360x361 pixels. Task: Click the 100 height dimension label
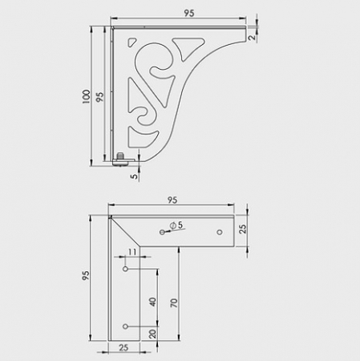click(x=87, y=96)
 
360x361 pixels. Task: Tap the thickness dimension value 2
click(x=252, y=36)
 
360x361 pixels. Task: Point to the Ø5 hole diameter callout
click(x=177, y=225)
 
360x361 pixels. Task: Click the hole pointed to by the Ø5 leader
click(x=163, y=232)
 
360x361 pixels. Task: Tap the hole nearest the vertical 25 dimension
click(x=222, y=231)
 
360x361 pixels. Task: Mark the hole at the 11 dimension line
click(x=125, y=270)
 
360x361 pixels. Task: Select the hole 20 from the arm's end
click(x=125, y=326)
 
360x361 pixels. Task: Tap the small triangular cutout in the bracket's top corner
click(x=129, y=41)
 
